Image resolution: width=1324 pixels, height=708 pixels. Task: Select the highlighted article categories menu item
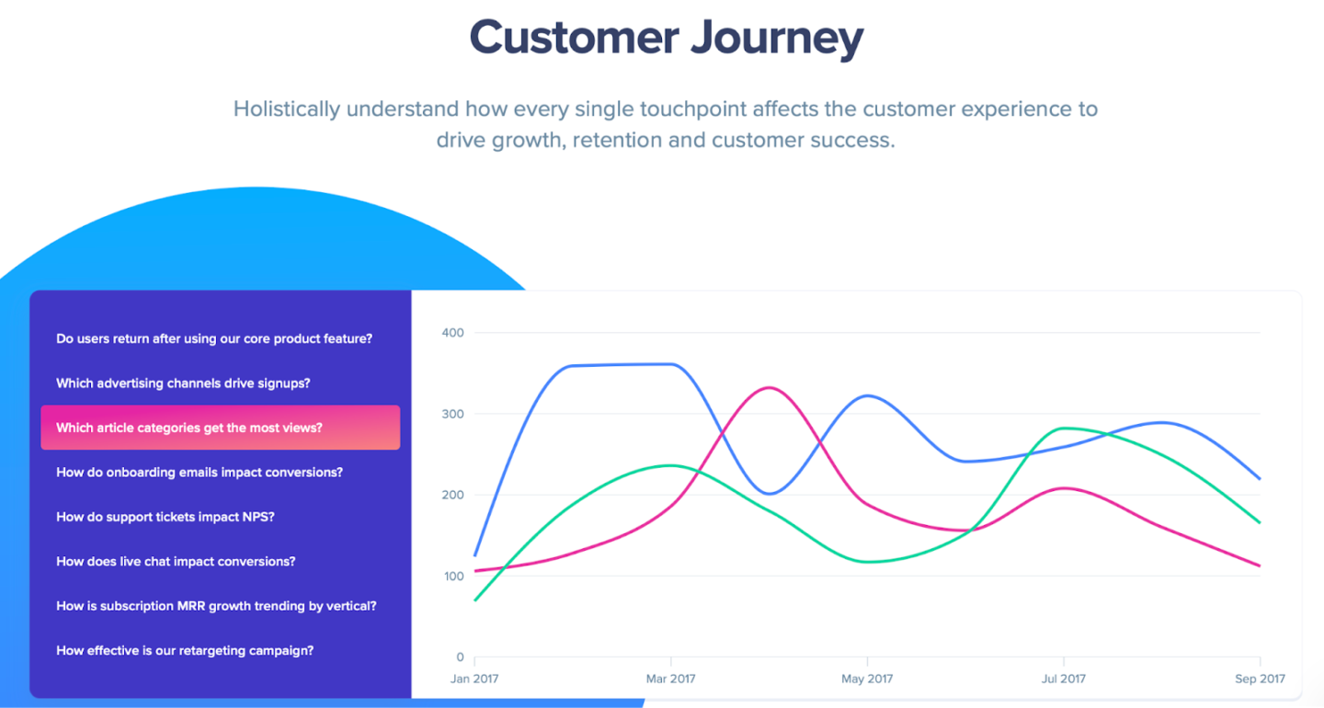pyautogui.click(x=220, y=428)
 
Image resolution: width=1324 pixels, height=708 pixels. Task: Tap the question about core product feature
pyautogui.click(x=214, y=338)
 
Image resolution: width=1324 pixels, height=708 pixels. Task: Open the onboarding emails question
pyautogui.click(x=200, y=473)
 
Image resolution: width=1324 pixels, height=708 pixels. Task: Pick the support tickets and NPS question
pyautogui.click(x=165, y=517)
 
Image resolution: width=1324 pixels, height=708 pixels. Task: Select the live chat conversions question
pyautogui.click(x=176, y=562)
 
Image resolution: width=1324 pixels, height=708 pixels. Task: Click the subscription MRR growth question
pyautogui.click(x=216, y=606)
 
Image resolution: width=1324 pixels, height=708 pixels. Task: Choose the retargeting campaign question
pyautogui.click(x=185, y=651)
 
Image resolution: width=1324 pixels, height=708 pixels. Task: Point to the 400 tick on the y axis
pyautogui.click(x=453, y=333)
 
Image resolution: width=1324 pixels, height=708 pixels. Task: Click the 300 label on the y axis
pyautogui.click(x=453, y=414)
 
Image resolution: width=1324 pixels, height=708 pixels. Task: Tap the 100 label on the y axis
pyautogui.click(x=453, y=577)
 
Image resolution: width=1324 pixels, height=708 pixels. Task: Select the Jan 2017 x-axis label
pyautogui.click(x=474, y=679)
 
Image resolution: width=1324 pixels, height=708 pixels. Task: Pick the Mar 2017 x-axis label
pyautogui.click(x=670, y=679)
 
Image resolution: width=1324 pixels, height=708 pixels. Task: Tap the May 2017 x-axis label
pyautogui.click(x=867, y=679)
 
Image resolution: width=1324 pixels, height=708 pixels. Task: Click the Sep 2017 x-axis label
pyautogui.click(x=1260, y=679)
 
